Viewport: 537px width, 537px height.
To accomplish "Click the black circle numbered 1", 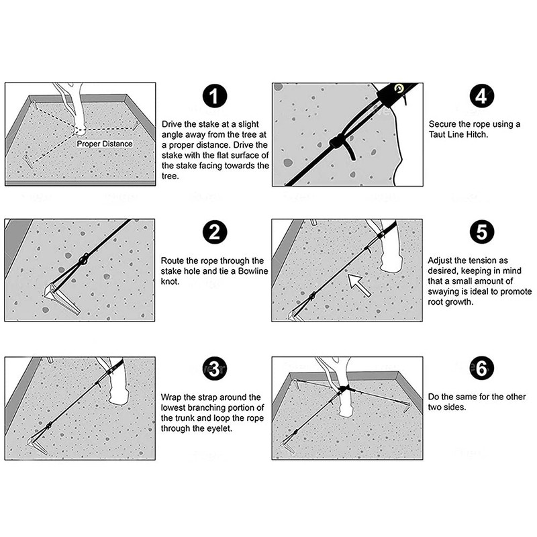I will [x=213, y=98].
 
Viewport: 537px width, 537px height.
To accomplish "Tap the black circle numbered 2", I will [x=213, y=232].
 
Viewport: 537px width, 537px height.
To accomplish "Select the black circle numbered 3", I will [x=213, y=369].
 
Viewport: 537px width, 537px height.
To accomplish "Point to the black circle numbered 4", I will [x=479, y=98].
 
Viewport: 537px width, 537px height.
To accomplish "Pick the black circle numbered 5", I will [x=479, y=233].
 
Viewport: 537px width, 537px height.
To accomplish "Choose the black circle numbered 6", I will [x=479, y=369].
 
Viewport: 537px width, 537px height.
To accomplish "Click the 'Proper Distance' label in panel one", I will [x=104, y=144].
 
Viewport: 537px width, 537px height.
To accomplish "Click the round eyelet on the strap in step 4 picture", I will [x=399, y=88].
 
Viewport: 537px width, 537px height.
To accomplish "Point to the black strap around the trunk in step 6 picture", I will [x=346, y=390].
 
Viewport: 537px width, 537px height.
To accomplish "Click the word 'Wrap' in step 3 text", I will [x=172, y=397].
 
